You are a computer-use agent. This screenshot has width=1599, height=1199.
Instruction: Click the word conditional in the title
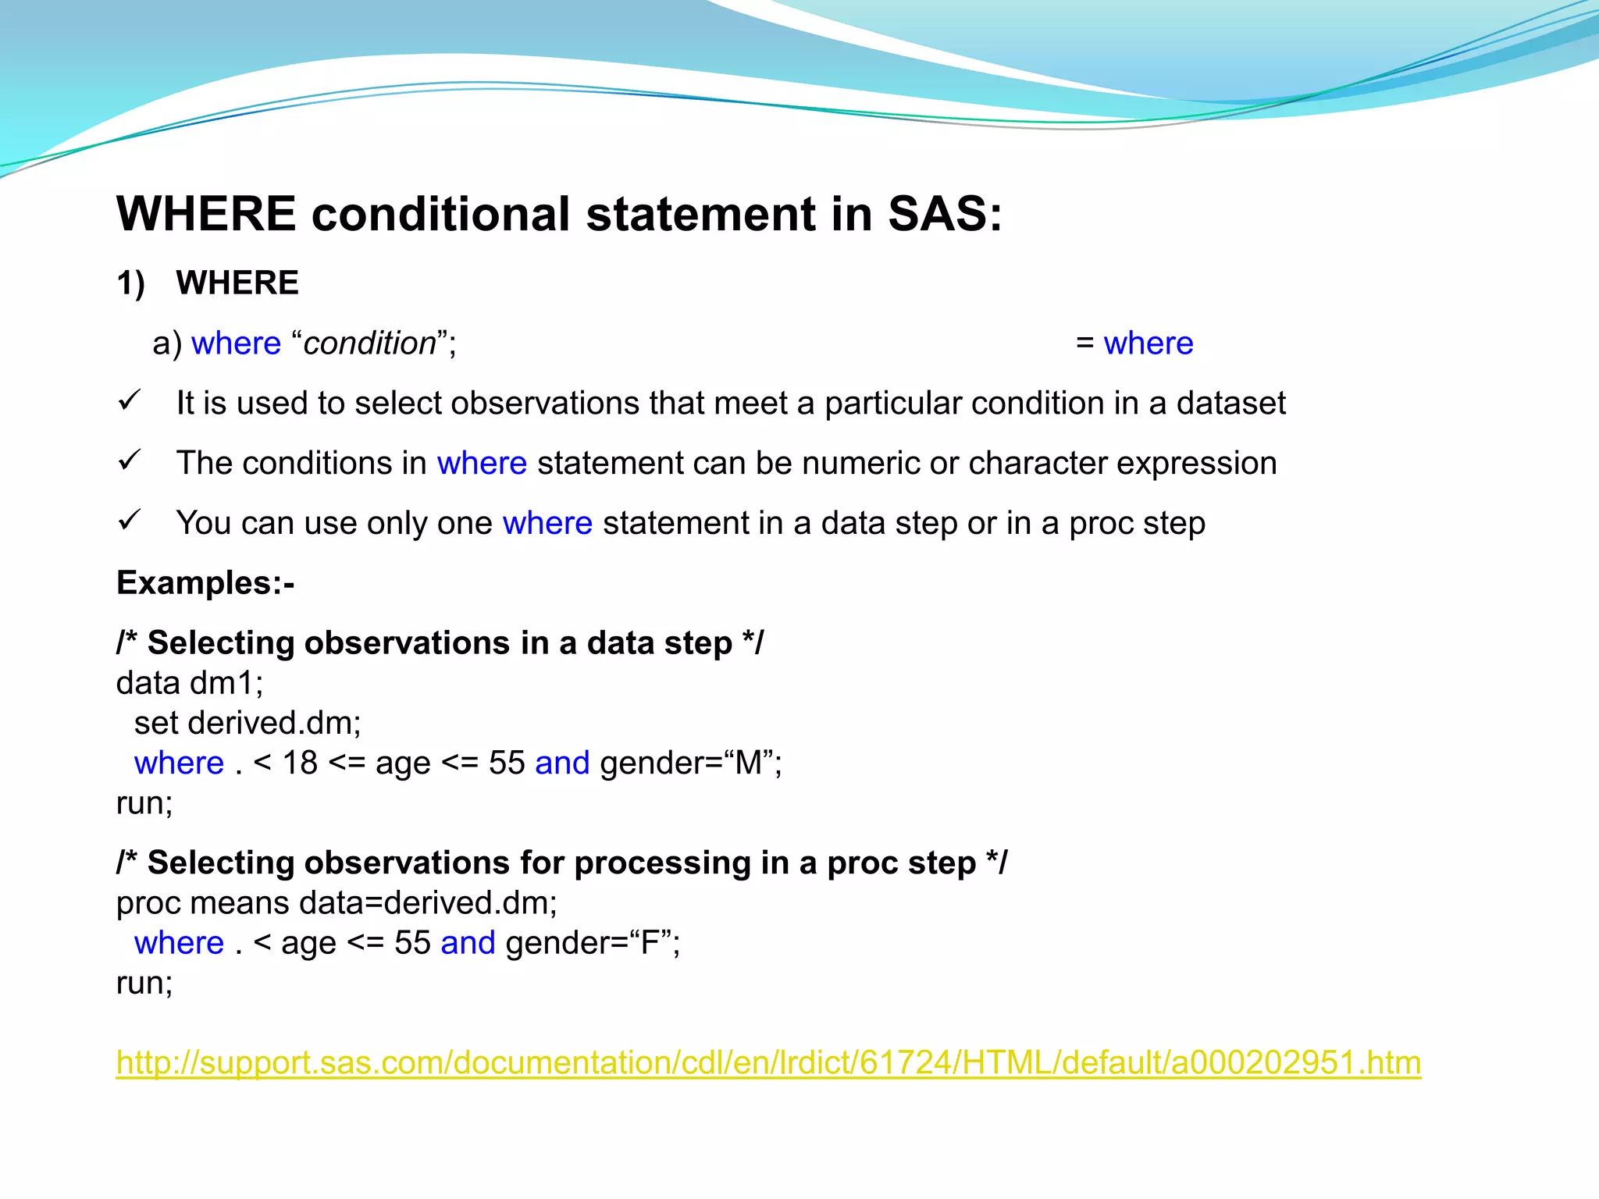440,214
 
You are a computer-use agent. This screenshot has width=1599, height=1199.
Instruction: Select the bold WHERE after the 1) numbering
237,283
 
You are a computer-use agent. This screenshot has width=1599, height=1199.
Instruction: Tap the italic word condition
369,343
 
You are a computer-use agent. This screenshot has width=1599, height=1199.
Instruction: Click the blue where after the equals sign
1148,343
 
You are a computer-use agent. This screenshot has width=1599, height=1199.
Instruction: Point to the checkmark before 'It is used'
129,401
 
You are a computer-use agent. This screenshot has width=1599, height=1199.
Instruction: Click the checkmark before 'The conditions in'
129,461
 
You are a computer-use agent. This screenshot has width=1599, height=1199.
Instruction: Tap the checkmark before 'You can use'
129,521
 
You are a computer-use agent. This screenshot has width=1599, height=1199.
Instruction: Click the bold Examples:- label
205,583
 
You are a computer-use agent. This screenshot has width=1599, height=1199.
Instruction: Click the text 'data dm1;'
190,683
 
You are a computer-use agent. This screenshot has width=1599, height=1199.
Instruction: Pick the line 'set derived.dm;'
248,723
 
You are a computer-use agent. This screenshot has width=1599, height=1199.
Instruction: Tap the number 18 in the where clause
300,763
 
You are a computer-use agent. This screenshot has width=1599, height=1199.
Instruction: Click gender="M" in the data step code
690,763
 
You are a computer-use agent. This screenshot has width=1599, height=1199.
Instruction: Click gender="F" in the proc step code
593,943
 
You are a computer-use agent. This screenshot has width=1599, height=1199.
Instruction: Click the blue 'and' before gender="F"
468,943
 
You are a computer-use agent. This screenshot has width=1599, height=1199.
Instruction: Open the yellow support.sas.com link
768,1063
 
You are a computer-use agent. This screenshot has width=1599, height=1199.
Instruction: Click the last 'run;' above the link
144,983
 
